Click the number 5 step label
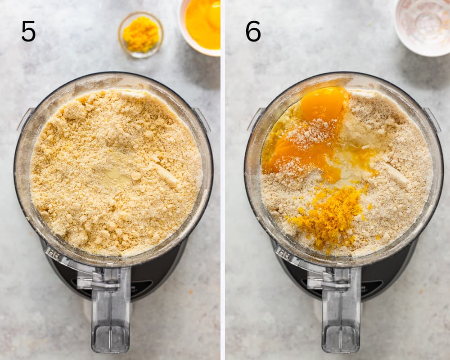(28, 31)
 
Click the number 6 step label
(253, 31)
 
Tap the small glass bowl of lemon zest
(140, 35)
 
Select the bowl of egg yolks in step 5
(201, 26)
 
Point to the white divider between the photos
(223, 180)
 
